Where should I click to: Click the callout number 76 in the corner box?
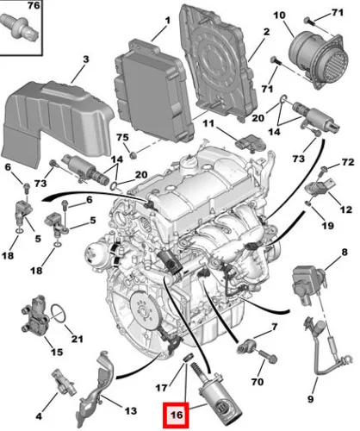pyautogui.click(x=9, y=8)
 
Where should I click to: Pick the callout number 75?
pyautogui.click(x=121, y=139)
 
